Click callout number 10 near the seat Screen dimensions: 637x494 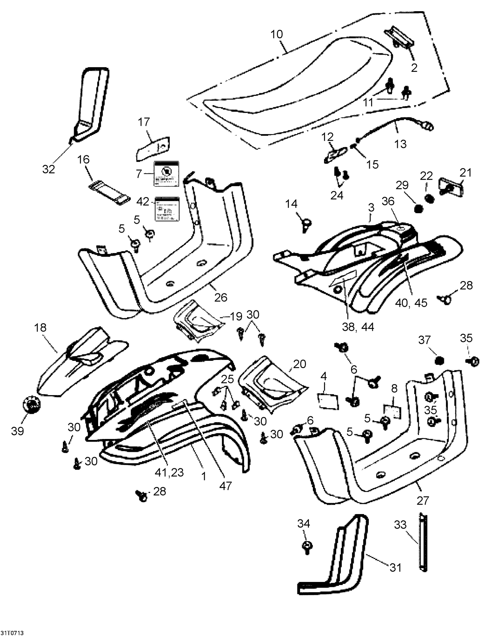pos(277,34)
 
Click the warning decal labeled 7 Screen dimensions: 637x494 pos(166,173)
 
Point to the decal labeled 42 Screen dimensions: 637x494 pos(167,209)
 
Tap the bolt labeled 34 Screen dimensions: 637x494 pos(307,546)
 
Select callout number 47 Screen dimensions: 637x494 pos(226,485)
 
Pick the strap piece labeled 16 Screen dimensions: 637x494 pos(108,193)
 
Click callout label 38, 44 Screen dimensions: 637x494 pos(358,327)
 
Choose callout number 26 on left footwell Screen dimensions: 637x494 pos(221,297)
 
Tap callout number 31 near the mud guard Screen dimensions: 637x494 pos(395,567)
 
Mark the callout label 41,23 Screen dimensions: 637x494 pos(169,472)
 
